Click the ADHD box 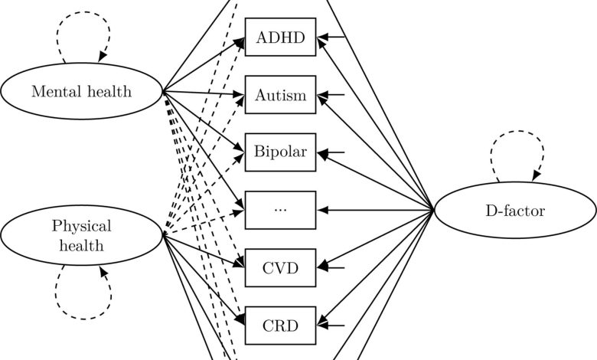coord(280,37)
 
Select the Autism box coord(280,95)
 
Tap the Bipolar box coord(280,152)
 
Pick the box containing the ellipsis coord(280,209)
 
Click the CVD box coord(280,267)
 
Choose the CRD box coord(280,325)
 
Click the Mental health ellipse coord(81,92)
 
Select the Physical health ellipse coord(81,235)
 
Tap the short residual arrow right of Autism coord(332,95)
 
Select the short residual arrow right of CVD coord(332,267)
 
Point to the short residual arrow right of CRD coord(332,325)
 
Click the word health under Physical coord(81,245)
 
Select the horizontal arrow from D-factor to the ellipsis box coord(375,209)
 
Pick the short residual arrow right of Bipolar coord(332,152)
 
